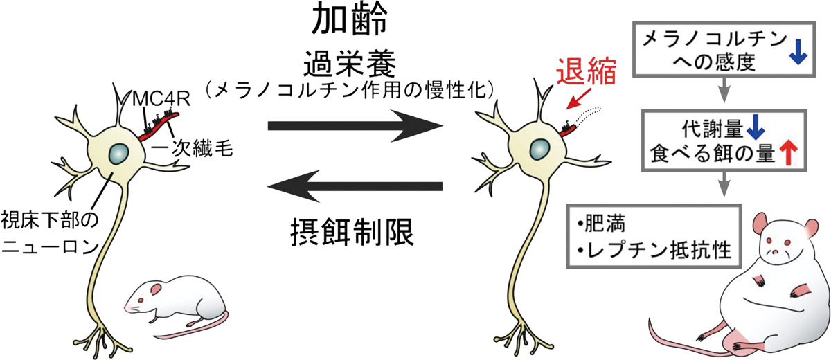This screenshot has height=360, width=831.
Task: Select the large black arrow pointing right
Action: point(355,126)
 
